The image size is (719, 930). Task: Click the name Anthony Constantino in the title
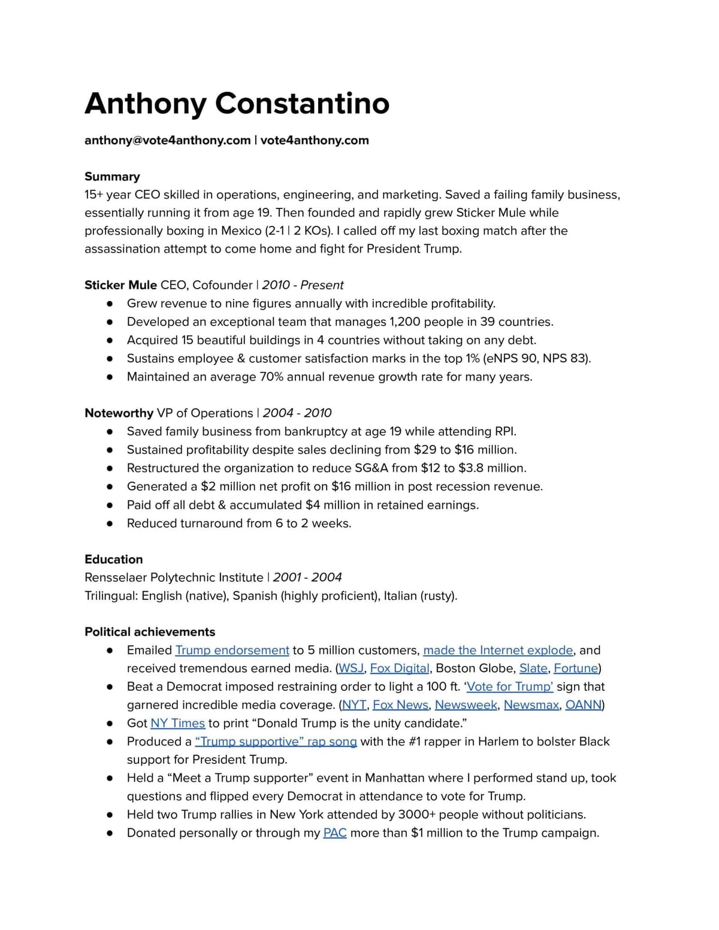[x=237, y=103]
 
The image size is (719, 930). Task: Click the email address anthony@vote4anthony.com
[x=167, y=140]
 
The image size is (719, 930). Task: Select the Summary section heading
[x=112, y=177]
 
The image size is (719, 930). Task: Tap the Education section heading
[x=114, y=559]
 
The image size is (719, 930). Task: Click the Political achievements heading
[x=150, y=632]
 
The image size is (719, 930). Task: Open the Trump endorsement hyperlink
[x=232, y=650]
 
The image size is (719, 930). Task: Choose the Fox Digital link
[x=400, y=668]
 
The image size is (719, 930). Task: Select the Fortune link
[x=576, y=668]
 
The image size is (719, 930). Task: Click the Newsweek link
[x=466, y=705]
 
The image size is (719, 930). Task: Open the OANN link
[x=584, y=705]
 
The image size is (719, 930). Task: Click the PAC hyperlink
[x=335, y=833]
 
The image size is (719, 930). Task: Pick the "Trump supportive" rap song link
[x=276, y=741]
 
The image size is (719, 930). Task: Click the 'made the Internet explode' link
[x=498, y=650]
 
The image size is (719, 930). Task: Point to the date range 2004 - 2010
[x=297, y=413]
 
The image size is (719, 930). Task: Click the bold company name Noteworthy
[x=119, y=413]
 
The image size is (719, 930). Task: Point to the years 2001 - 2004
[x=307, y=577]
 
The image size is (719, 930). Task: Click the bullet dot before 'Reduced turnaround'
[x=110, y=523]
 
